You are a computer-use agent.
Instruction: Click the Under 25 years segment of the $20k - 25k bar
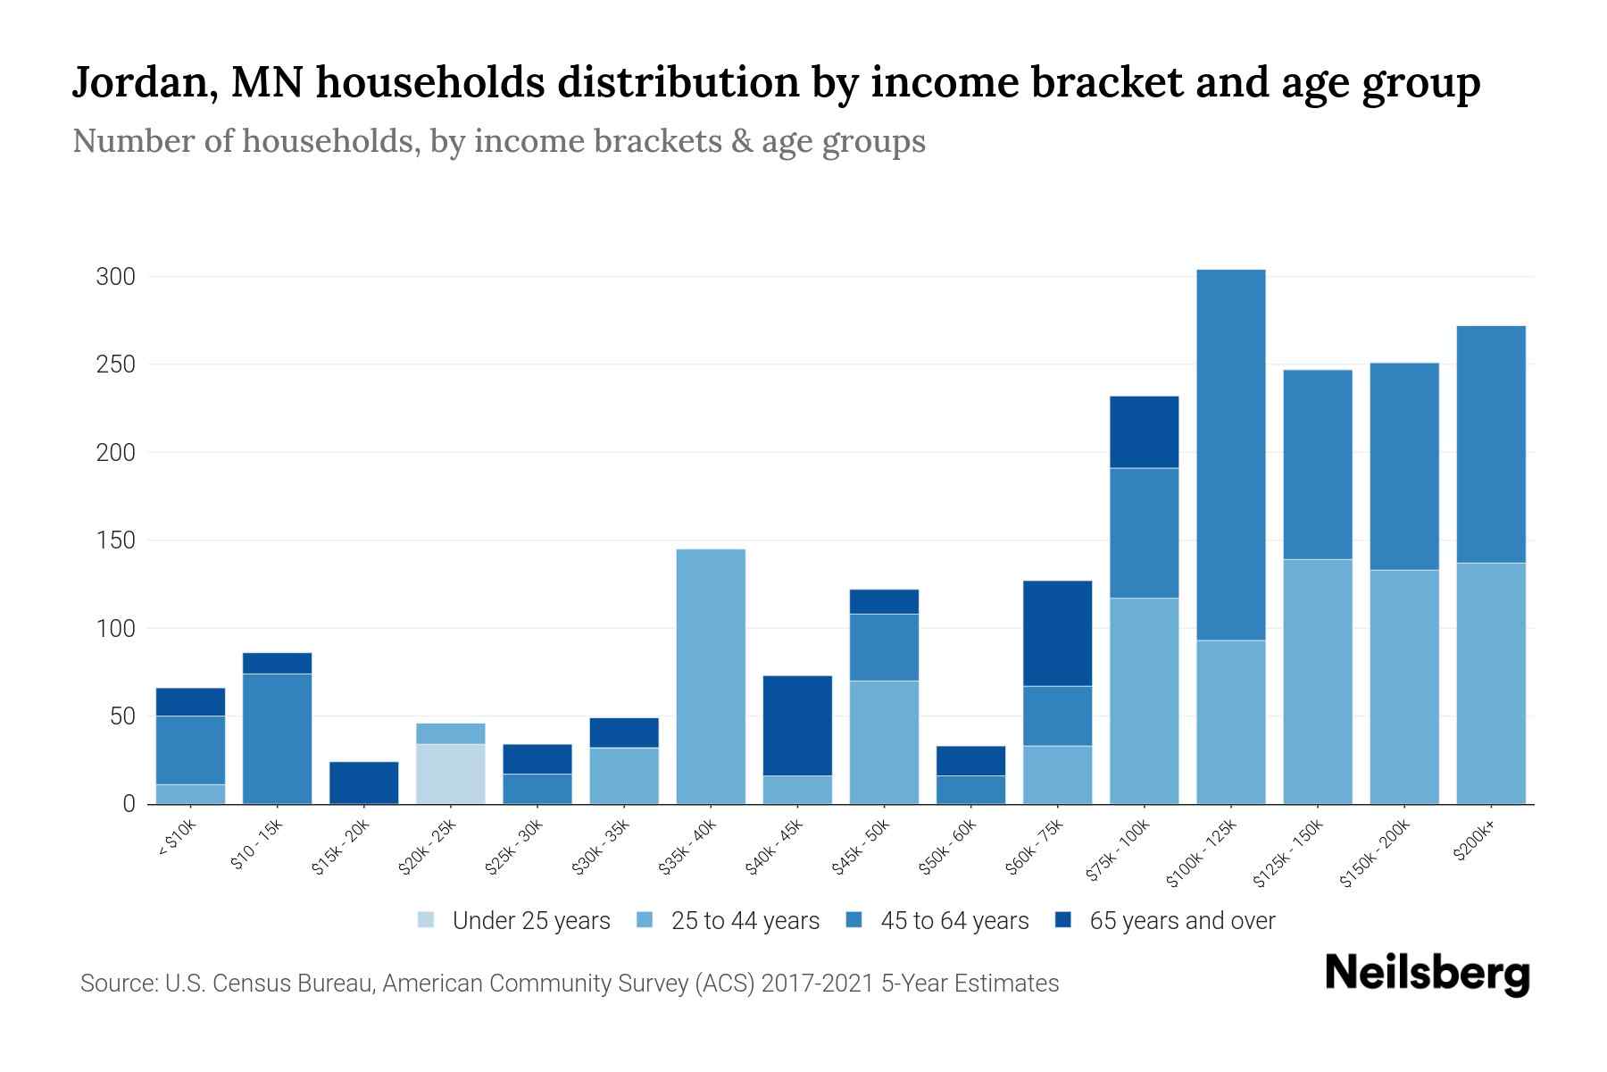coord(451,774)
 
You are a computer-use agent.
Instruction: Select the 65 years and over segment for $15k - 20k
coord(364,783)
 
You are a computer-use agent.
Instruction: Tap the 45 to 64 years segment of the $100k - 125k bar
coord(1231,455)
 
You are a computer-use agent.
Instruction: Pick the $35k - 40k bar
coord(711,676)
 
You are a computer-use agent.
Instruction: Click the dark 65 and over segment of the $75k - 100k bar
coord(1144,431)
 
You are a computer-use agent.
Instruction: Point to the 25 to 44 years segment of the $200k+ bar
coord(1491,683)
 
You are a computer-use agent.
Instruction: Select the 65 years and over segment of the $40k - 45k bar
coord(797,725)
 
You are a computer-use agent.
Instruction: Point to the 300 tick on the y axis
coord(115,277)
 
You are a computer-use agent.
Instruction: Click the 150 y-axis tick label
coord(115,540)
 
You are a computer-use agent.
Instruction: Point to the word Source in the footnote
coord(119,984)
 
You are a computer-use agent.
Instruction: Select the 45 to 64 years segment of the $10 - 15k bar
coord(278,739)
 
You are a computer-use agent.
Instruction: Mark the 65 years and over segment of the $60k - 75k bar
coord(1057,633)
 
